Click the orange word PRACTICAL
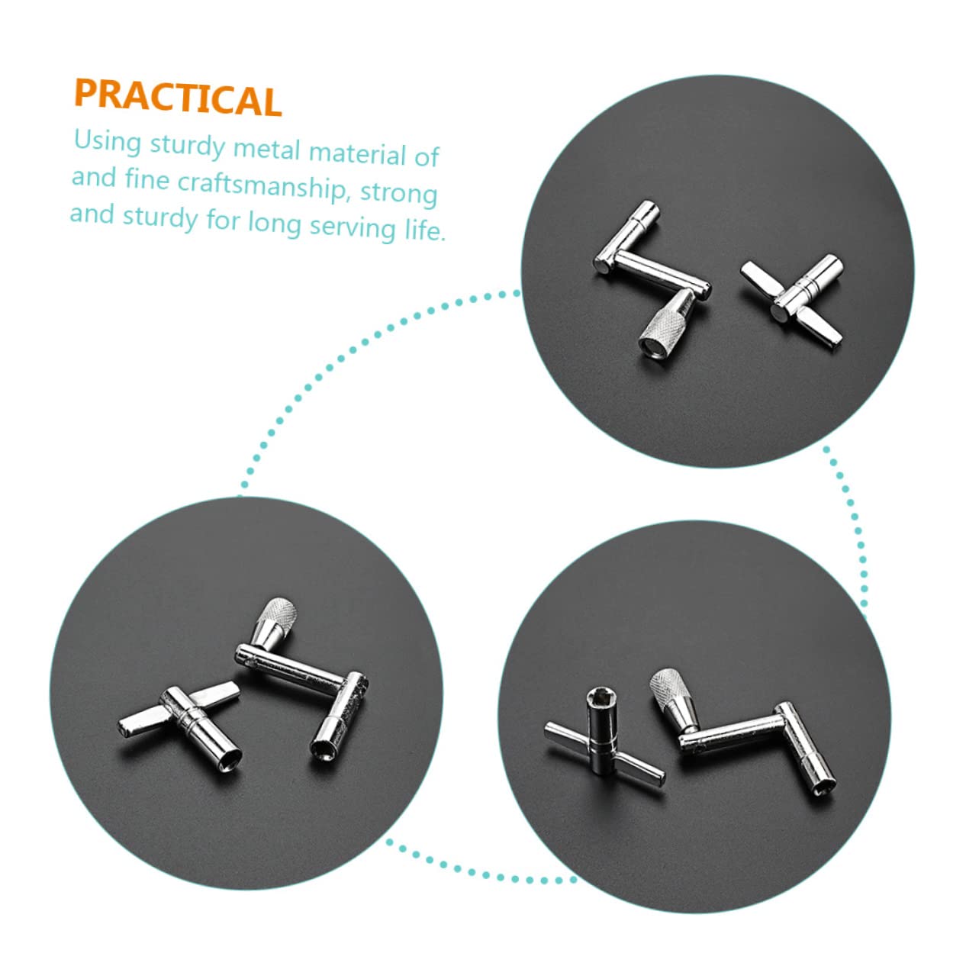point(178,98)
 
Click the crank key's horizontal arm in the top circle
point(661,275)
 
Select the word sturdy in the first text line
point(188,145)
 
